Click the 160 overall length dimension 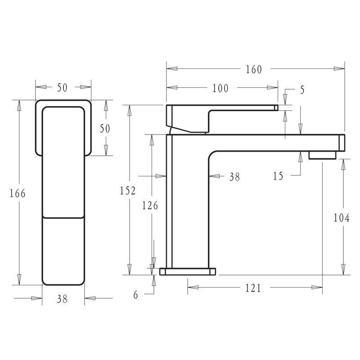click(254, 69)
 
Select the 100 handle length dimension click(220, 88)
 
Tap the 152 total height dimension click(128, 191)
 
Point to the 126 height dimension click(150, 206)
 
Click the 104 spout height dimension click(342, 218)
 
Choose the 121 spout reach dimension click(253, 288)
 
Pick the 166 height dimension click(18, 193)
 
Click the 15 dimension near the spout click(278, 176)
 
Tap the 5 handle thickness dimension click(302, 90)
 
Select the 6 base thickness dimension click(136, 295)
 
